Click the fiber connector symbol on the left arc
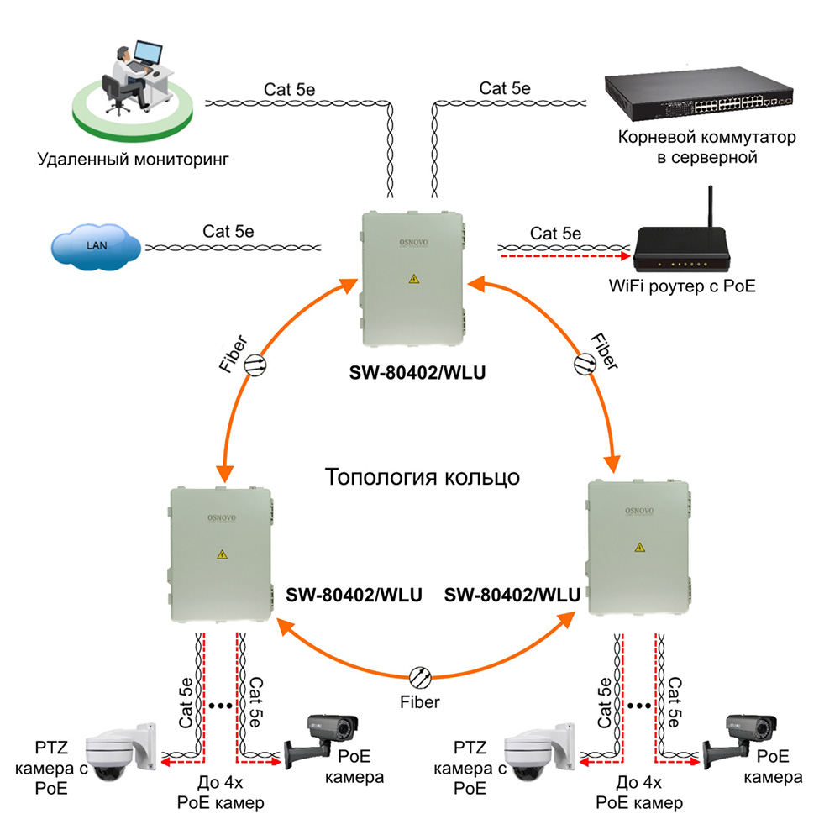(255, 363)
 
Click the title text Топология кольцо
(423, 477)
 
